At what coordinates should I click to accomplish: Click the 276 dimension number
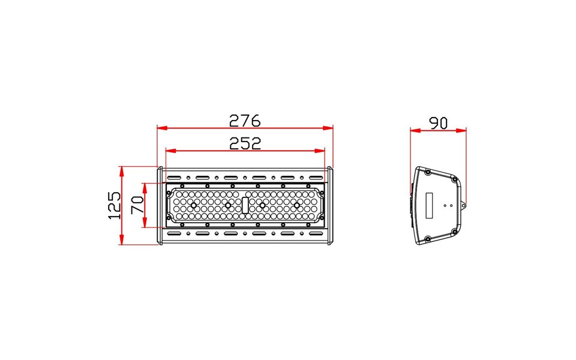click(x=245, y=121)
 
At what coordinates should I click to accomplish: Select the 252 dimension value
click(x=245, y=143)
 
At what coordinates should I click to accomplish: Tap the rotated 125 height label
click(x=114, y=205)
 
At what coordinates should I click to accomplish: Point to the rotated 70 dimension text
click(x=137, y=205)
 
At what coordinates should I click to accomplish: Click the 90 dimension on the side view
click(x=438, y=123)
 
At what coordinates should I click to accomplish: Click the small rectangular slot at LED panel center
click(x=245, y=205)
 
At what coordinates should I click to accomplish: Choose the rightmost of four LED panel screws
click(x=296, y=205)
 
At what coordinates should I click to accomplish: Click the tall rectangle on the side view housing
click(x=429, y=205)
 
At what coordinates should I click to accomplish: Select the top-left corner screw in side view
click(x=427, y=172)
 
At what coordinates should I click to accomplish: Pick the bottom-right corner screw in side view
click(x=454, y=234)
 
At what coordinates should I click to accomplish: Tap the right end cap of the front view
click(x=330, y=206)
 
